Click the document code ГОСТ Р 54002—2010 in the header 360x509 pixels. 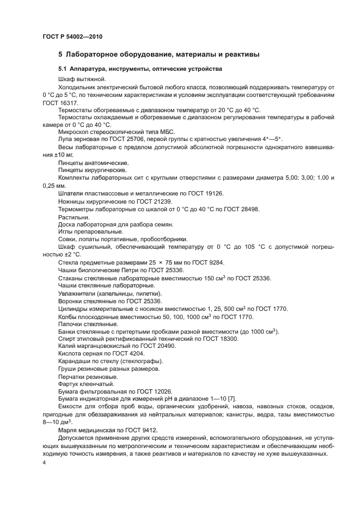click(72, 36)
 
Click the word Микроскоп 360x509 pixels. click(73, 132)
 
